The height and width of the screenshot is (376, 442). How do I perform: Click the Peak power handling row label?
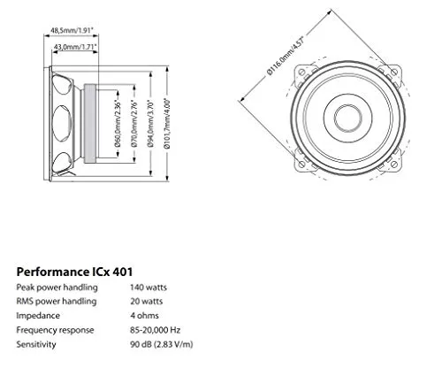[54, 288]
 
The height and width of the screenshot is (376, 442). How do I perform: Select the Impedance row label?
[38, 314]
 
